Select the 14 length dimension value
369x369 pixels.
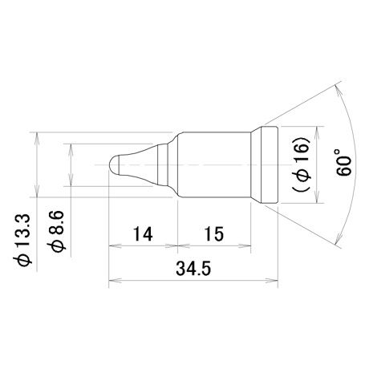pos(143,234)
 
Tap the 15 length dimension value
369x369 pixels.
pos(214,234)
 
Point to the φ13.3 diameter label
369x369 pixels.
pos(22,240)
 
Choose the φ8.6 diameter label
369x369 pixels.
pos(56,231)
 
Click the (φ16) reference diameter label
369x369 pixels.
pos(302,164)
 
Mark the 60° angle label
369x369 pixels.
pos(343,163)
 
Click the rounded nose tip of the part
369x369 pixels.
pos(114,164)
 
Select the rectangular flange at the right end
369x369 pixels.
pos(270,164)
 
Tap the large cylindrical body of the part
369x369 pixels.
pos(214,164)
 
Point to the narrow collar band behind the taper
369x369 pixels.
pos(163,164)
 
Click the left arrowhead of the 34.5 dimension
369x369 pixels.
pos(115,281)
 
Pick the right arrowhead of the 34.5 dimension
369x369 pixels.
pos(272,281)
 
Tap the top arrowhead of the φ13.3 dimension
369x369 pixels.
pos(37,138)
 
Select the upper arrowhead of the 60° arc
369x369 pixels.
pos(338,91)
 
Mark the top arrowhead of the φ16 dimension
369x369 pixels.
pos(317,133)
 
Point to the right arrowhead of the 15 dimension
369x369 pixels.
pos(245,245)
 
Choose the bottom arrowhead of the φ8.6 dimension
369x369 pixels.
pos(71,180)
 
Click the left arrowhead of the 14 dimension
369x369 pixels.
pos(115,245)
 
